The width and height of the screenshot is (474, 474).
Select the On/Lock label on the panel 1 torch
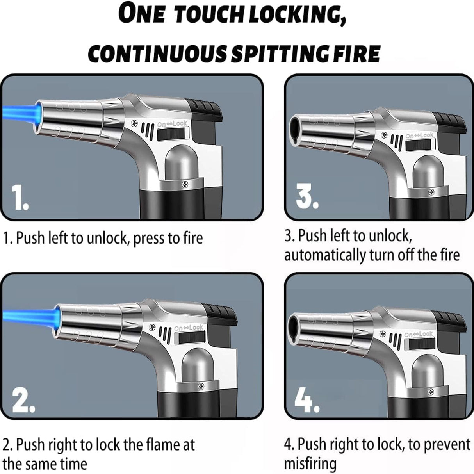172,123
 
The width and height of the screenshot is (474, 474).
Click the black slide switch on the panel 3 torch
420,145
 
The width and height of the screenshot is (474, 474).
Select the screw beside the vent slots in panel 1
134,123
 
